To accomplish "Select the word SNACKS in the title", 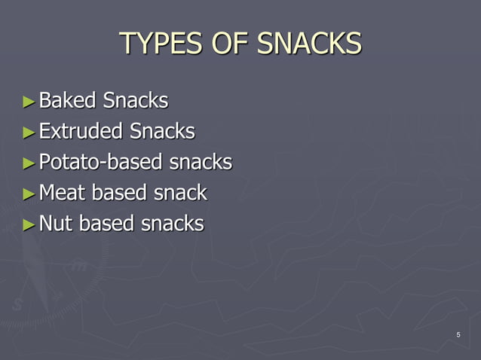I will click(309, 44).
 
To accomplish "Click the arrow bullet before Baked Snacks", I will click(29, 101).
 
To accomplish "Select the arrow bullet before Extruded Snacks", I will click(29, 132).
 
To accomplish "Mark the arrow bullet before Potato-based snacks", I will click(29, 163).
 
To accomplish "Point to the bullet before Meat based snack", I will click(29, 194).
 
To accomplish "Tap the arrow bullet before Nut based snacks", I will click(29, 224).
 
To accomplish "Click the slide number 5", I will click(458, 334).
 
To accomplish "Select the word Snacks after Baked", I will click(136, 100).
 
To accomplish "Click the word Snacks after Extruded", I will click(162, 131).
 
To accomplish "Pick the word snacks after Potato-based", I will click(200, 163).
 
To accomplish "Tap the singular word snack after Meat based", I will click(180, 193).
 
